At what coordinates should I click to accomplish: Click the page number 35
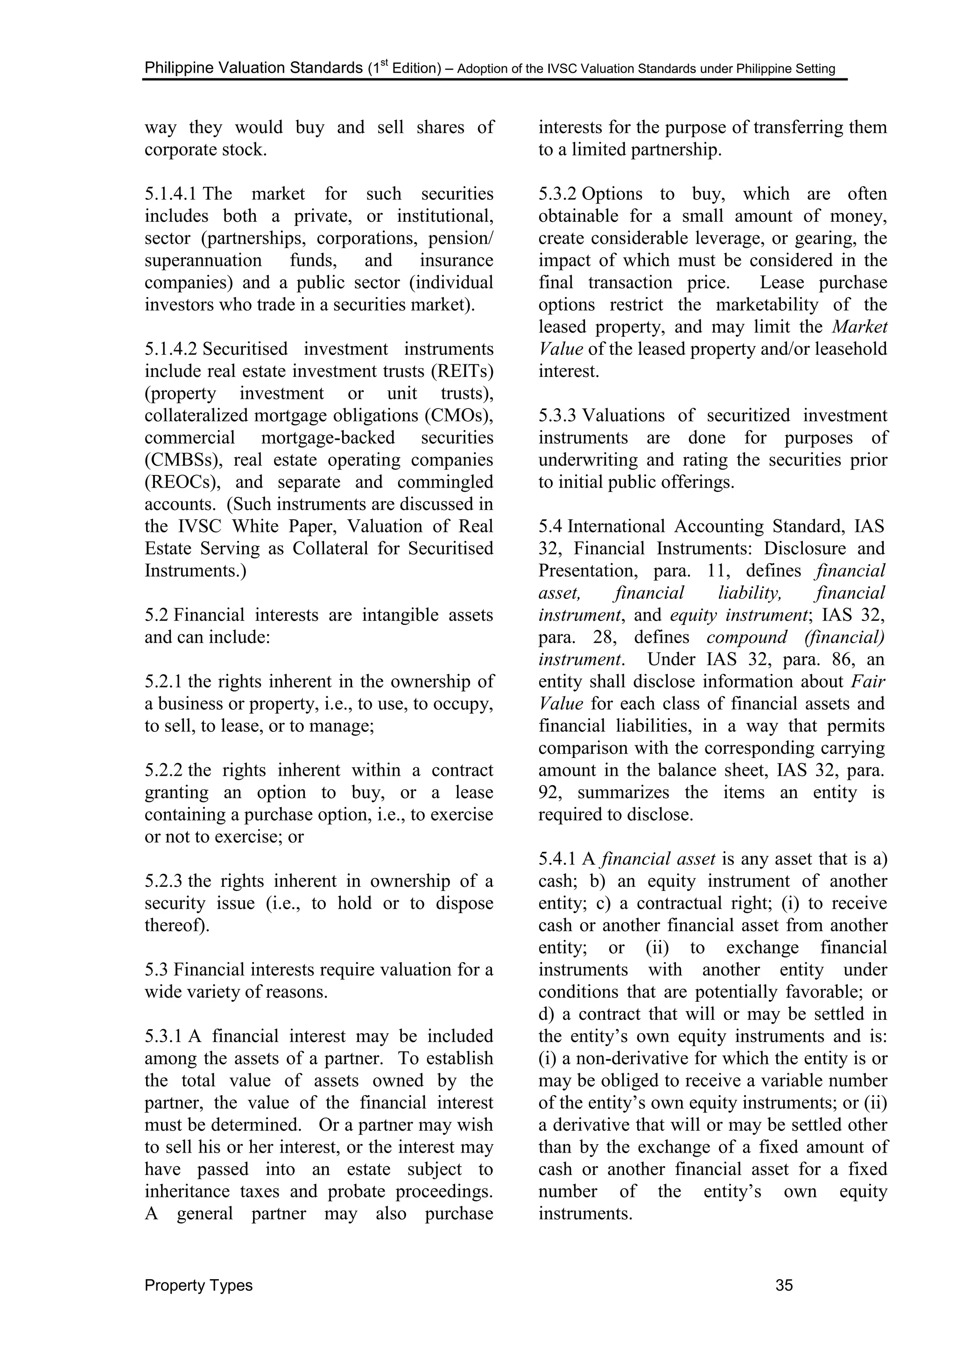[x=784, y=1285]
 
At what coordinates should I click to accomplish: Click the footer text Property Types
[x=198, y=1285]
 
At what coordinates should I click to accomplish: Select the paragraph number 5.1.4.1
[x=172, y=194]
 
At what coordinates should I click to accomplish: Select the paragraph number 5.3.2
[x=558, y=194]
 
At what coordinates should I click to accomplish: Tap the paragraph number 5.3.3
[x=558, y=415]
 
